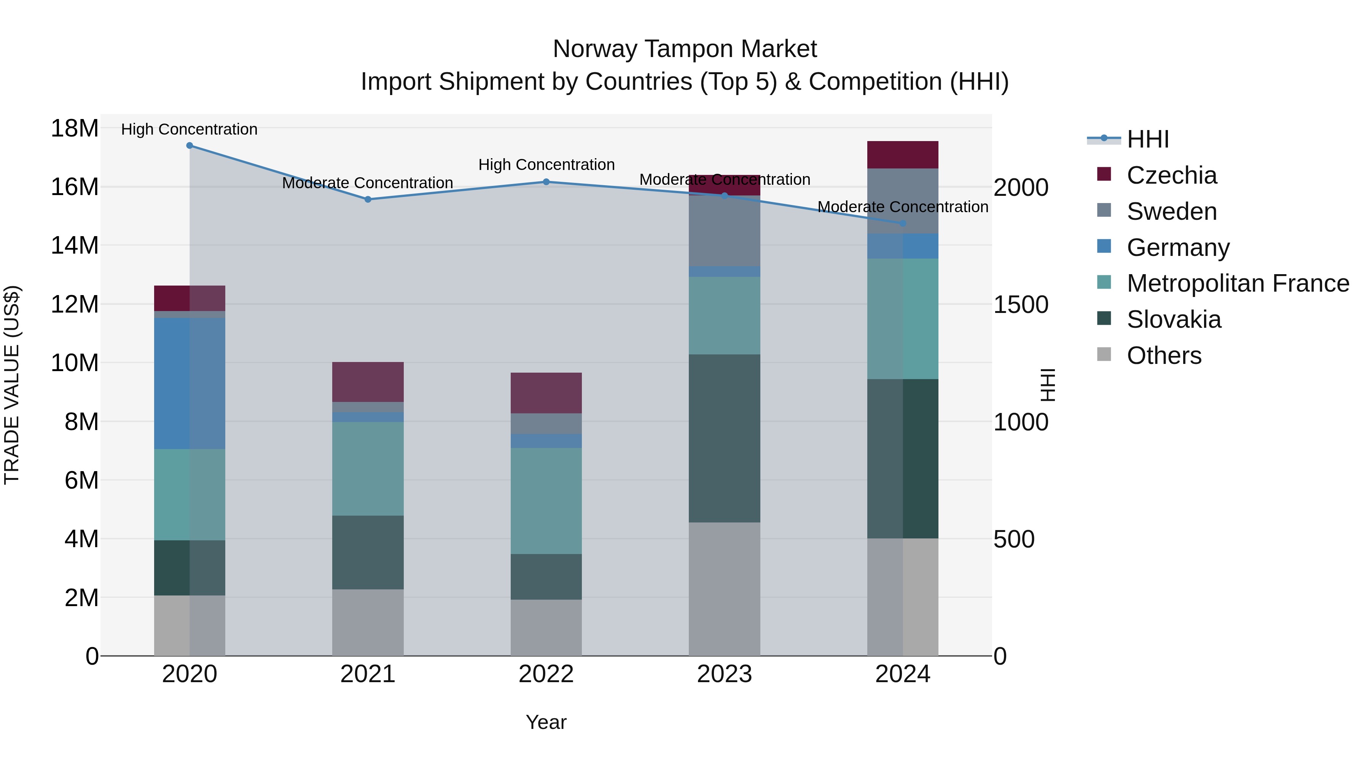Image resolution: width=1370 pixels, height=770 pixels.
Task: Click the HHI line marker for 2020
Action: (x=190, y=146)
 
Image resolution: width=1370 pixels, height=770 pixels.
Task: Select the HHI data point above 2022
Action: (x=546, y=182)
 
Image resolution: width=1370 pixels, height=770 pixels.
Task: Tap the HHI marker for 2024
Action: (x=903, y=224)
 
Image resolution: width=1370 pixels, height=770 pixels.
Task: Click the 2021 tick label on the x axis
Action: (x=368, y=674)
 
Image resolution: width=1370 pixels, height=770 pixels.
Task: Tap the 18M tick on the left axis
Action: (x=75, y=129)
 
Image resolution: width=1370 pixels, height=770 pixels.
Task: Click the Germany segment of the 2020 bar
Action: (x=190, y=383)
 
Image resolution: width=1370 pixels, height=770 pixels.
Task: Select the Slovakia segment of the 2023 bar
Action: (x=724, y=438)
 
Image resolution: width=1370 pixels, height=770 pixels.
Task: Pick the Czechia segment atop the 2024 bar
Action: (x=903, y=155)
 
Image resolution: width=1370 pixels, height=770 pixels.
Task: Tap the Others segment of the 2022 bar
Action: (x=546, y=627)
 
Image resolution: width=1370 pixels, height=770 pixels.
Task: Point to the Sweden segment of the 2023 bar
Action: (x=724, y=231)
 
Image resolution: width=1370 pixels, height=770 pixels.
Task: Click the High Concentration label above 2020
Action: (x=190, y=129)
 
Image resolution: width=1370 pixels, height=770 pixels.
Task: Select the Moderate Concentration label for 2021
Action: (x=368, y=183)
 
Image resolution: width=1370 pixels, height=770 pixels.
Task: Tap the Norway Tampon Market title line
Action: (x=685, y=49)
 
